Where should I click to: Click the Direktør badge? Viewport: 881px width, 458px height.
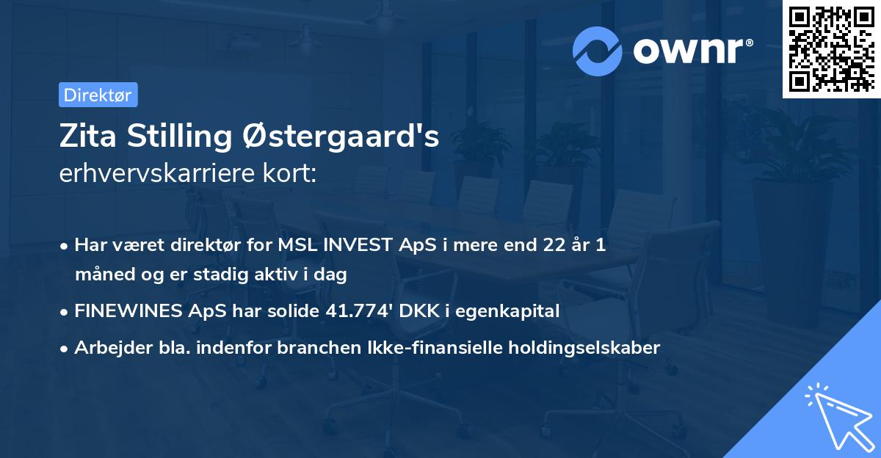[98, 95]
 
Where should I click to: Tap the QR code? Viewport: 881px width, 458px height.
[831, 49]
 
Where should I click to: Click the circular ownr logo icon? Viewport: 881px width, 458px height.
[598, 51]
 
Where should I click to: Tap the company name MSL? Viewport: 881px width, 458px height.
[296, 245]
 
